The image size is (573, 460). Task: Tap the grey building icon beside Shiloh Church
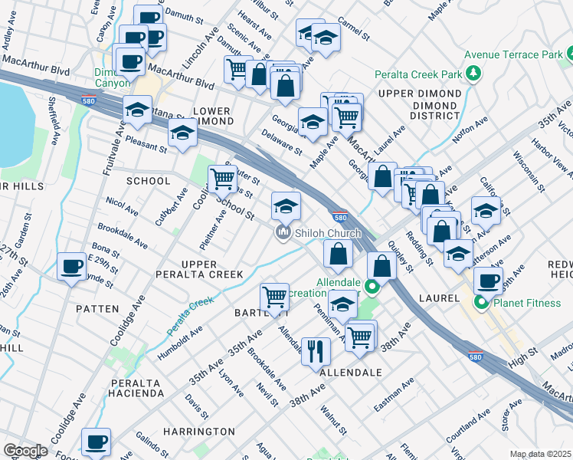point(283,232)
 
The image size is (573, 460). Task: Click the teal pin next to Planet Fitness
point(482,303)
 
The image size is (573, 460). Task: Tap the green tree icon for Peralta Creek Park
point(474,74)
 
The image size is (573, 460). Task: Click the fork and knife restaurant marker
point(316,352)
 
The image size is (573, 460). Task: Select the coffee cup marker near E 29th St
point(72,267)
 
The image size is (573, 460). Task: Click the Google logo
point(25,450)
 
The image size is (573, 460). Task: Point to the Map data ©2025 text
point(540,454)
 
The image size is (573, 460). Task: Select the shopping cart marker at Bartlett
point(274,297)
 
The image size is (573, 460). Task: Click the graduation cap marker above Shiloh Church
point(286,205)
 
